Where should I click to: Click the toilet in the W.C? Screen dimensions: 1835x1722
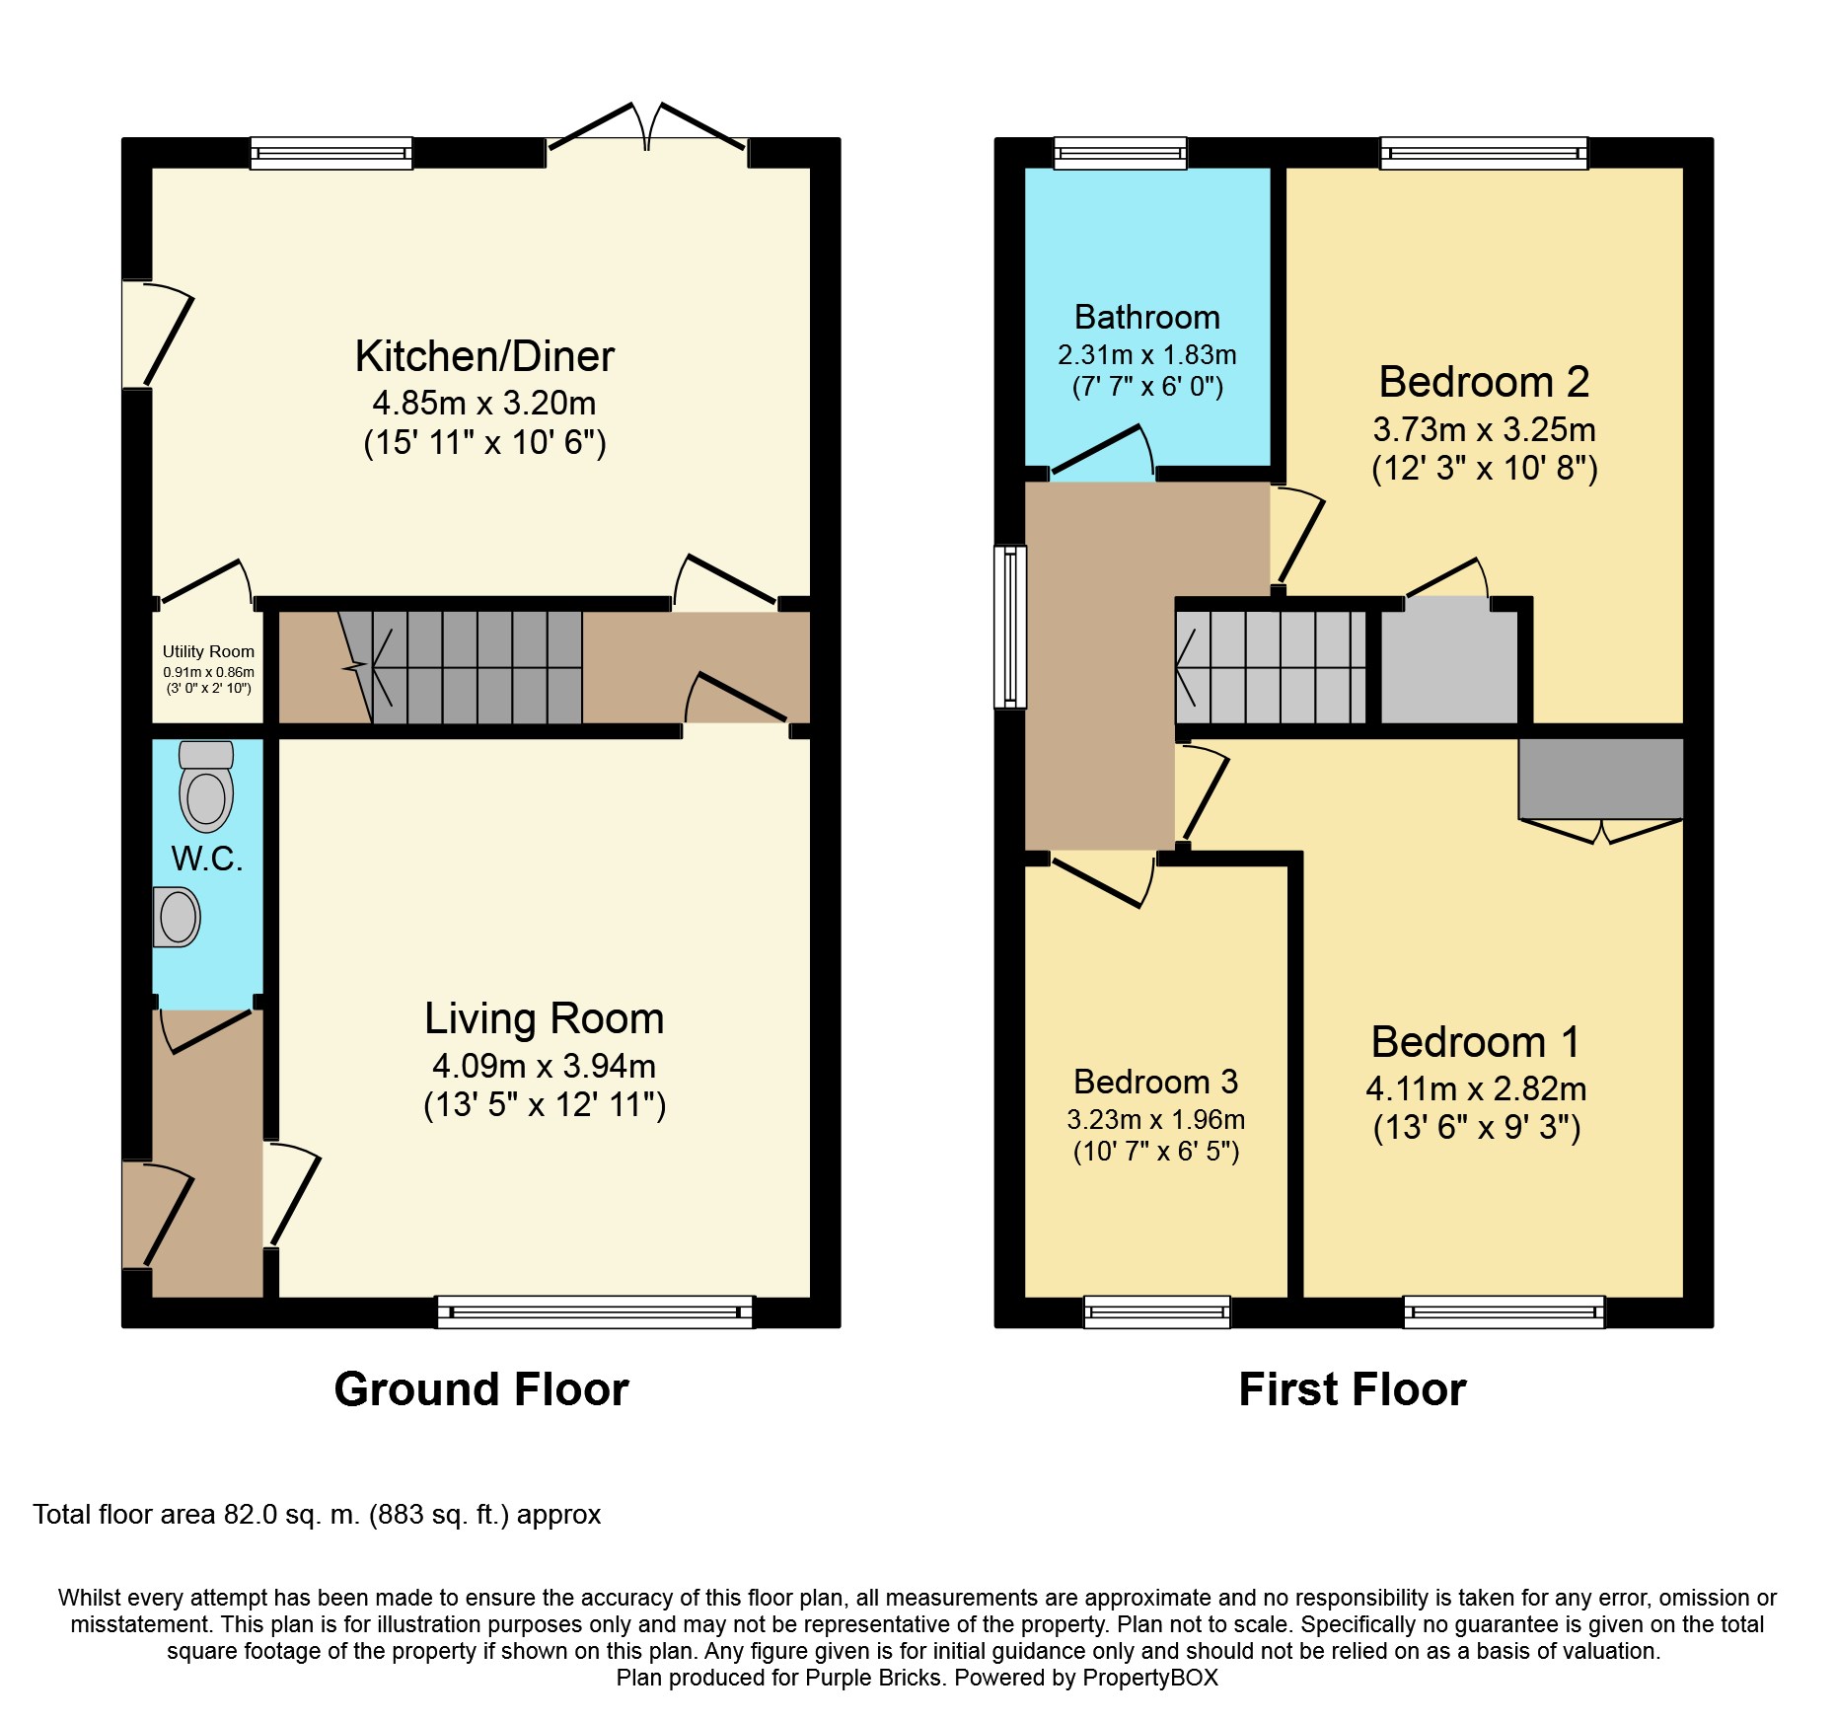coord(206,786)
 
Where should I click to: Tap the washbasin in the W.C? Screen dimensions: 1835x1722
coord(177,917)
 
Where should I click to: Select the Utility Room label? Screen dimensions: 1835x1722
coord(208,651)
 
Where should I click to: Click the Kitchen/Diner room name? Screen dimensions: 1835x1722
coord(484,356)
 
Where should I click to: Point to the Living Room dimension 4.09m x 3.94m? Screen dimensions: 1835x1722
coord(544,1066)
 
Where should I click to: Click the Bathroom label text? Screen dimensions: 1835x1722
coord(1147,317)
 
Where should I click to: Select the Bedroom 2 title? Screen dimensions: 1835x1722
coord(1484,382)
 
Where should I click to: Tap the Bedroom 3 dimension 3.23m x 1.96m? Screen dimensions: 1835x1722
coord(1155,1119)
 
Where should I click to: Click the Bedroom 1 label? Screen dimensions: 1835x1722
coord(1476,1042)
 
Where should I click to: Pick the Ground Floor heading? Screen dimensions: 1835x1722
coord(481,1389)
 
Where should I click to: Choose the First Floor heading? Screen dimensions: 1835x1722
coord(1353,1389)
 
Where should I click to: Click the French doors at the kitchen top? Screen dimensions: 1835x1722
coord(646,127)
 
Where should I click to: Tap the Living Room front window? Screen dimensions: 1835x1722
coord(595,1311)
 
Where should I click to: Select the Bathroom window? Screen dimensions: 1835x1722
coord(1121,153)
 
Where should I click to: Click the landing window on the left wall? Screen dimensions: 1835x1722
coord(1010,627)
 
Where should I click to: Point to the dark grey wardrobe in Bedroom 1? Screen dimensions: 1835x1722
coord(1600,779)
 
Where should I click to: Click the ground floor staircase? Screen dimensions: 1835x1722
coord(460,667)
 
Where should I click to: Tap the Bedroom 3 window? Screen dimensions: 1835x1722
coord(1157,1311)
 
